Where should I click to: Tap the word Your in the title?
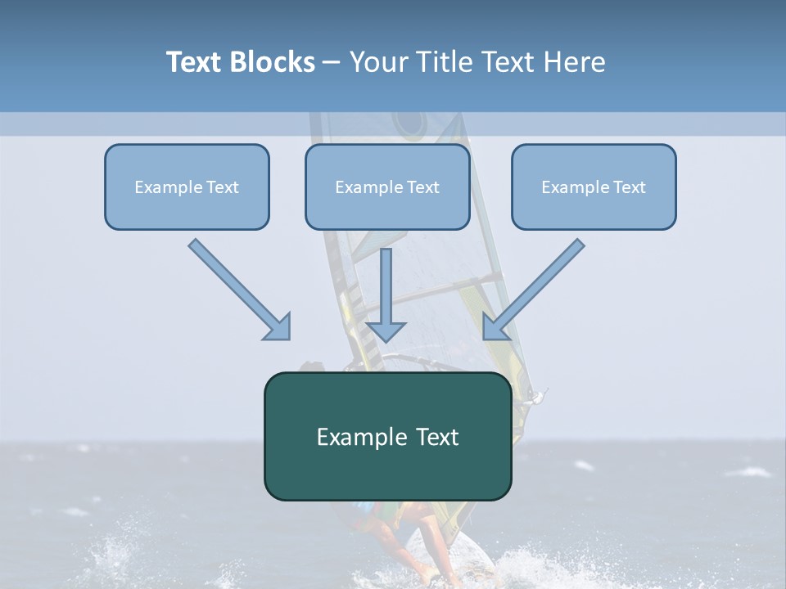coord(382,62)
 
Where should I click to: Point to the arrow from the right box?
coord(536,287)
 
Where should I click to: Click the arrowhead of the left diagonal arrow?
coord(278,326)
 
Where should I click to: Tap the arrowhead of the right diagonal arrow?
coord(495,326)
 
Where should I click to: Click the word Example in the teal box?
coord(351,437)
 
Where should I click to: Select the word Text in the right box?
coord(628,187)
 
